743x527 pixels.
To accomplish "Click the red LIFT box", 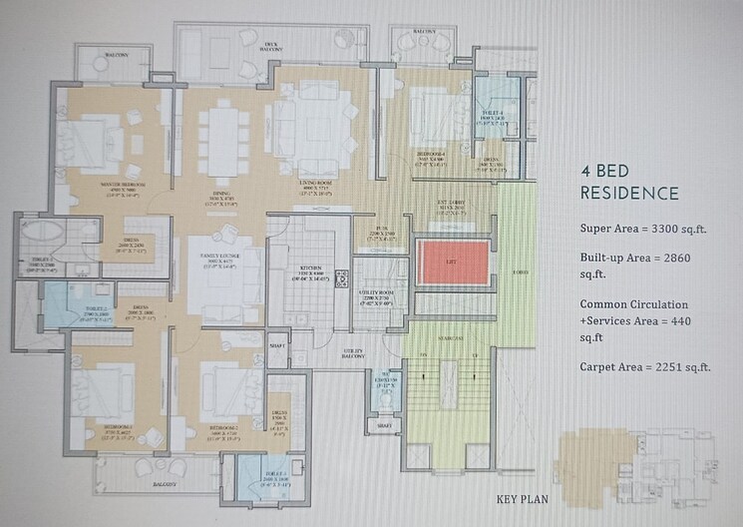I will point(453,262).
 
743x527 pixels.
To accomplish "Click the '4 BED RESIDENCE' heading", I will point(629,183).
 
